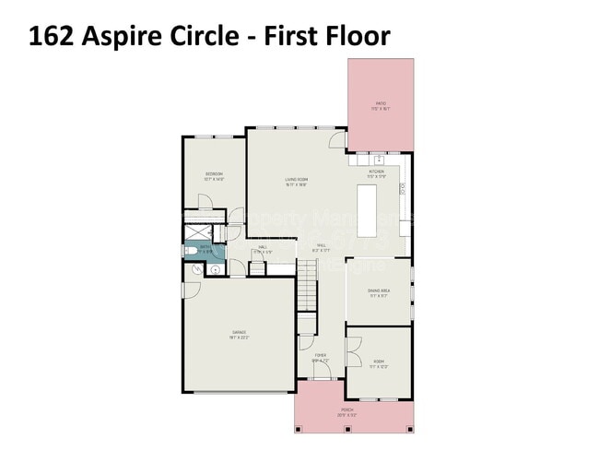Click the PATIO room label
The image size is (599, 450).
381,104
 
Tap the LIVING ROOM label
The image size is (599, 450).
295,181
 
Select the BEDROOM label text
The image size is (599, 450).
214,176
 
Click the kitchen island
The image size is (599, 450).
368,211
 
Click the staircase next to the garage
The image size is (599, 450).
307,286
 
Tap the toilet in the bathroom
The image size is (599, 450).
190,249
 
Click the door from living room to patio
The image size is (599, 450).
337,141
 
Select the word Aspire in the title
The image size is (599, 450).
124,36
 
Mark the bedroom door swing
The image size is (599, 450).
235,219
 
